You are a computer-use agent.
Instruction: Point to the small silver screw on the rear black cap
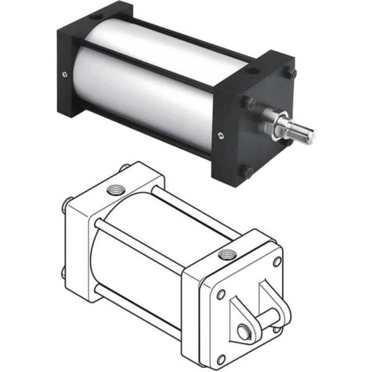pos(65,75)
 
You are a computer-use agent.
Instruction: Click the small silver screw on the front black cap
pos(220,135)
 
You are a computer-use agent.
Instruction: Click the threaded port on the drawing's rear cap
pos(115,189)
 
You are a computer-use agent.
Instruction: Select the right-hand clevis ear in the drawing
pos(277,299)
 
